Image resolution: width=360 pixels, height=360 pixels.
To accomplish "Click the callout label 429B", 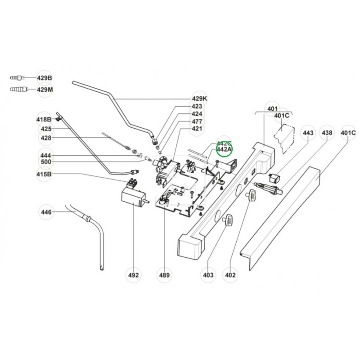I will (x=45, y=78).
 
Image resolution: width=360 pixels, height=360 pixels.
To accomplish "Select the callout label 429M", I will (x=45, y=89).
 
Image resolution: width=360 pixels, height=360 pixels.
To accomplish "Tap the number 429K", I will (x=199, y=99).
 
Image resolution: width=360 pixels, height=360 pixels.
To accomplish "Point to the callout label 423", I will (x=197, y=107).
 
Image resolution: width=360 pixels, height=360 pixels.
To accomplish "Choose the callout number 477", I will (x=197, y=121).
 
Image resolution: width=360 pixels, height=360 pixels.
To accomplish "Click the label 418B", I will (x=44, y=120).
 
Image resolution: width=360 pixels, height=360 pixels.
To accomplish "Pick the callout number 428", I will (x=46, y=138).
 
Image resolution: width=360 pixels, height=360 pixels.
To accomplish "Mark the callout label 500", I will (x=46, y=162).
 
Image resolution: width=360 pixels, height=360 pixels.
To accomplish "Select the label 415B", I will (x=44, y=174).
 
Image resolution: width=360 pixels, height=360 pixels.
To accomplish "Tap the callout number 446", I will (x=46, y=212).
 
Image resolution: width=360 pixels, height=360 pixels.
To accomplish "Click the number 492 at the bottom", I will (x=134, y=275).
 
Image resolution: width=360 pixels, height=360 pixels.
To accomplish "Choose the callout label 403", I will (x=207, y=275).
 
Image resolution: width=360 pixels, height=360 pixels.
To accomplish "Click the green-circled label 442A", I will (x=224, y=149).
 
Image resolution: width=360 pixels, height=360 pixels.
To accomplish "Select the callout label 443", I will (x=308, y=133).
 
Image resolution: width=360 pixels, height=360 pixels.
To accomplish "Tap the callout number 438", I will (x=327, y=133).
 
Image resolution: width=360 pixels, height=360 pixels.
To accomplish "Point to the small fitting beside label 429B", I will (x=18, y=78).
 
